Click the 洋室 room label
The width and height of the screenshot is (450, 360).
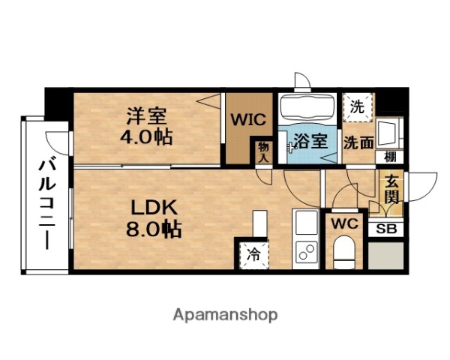pos(145,117)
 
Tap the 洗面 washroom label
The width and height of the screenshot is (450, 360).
pos(358,142)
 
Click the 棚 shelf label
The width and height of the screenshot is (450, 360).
pos(390,157)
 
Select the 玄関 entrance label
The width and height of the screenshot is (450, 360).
pos(391,187)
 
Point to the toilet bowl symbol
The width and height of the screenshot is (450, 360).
pos(345,251)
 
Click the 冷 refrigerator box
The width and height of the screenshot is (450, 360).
pos(253,253)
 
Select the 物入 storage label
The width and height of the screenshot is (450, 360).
pos(263,151)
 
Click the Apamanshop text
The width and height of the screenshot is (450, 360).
pos(226,313)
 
